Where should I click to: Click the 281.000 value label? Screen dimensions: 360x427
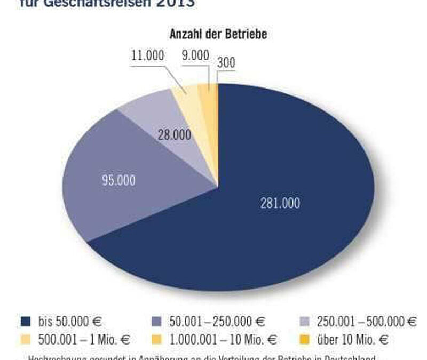pos(280,203)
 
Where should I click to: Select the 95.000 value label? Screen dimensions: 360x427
pos(118,180)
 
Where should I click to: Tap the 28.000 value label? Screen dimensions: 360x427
pos(174,135)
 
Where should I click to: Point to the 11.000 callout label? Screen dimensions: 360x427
pos(147,56)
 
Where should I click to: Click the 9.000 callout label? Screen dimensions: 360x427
pos(195,56)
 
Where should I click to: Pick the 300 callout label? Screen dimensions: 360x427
pos(226,63)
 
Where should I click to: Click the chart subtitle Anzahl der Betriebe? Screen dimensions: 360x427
pos(218,35)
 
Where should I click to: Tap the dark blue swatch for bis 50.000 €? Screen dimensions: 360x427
pos(25,322)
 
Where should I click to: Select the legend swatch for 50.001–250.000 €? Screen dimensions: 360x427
pos(157,322)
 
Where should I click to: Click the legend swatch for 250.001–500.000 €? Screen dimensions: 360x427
pos(305,322)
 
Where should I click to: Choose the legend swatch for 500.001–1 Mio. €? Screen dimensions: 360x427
pos(25,340)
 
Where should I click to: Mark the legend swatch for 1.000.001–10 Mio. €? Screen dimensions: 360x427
pos(157,340)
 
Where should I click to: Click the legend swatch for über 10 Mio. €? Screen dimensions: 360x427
pos(305,340)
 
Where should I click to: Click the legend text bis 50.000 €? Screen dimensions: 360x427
pos(69,322)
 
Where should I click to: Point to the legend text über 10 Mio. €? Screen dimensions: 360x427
pos(353,340)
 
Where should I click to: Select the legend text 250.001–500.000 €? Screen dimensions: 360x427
pos(367,322)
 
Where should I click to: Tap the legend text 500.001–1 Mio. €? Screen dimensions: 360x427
pos(84,340)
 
